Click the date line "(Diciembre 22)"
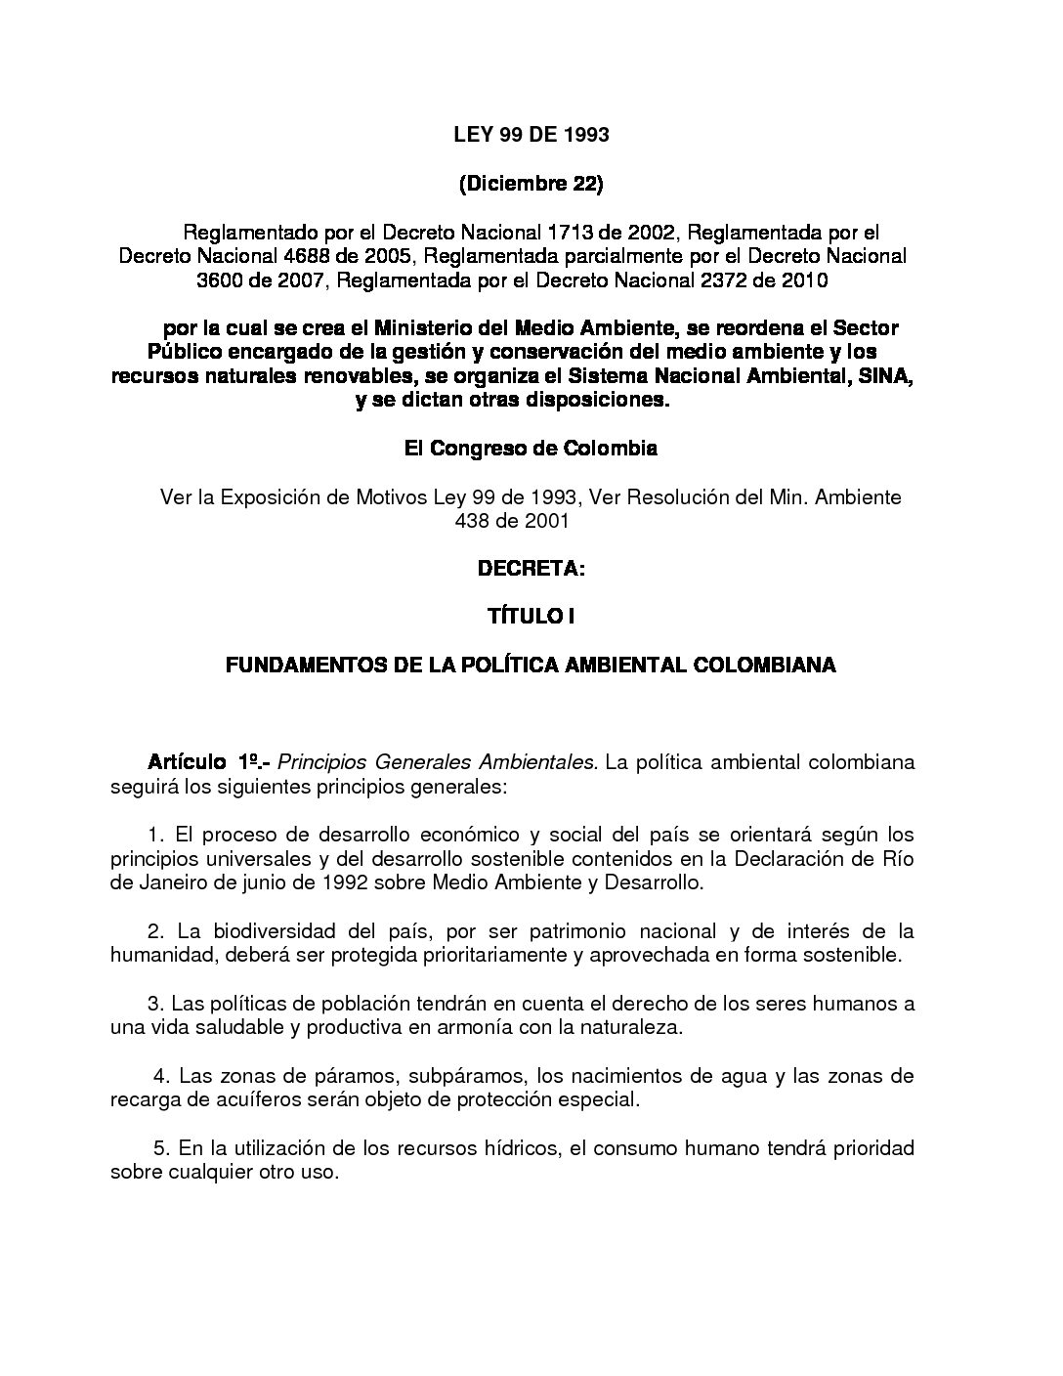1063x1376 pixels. pyautogui.click(x=531, y=184)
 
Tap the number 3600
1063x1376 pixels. pyautogui.click(x=224, y=281)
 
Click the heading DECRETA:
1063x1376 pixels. pyautogui.click(x=531, y=568)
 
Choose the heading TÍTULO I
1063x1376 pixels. pyautogui.click(x=531, y=617)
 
